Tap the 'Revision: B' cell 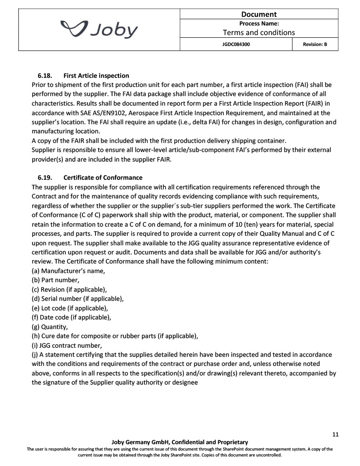pyautogui.click(x=314, y=45)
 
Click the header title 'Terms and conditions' pyautogui.click(x=259, y=32)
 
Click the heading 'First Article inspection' pyautogui.click(x=96, y=76)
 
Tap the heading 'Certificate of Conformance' pyautogui.click(x=103, y=177)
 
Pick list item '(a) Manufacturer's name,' pyautogui.click(x=68, y=271)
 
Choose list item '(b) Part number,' pyautogui.click(x=56, y=280)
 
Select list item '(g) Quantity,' pyautogui.click(x=50, y=326)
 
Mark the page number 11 pyautogui.click(x=335, y=435)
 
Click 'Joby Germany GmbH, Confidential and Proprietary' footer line pyautogui.click(x=180, y=442)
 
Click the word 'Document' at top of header pyautogui.click(x=259, y=14)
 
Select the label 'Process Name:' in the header pyautogui.click(x=259, y=23)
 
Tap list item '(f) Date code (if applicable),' pyautogui.click(x=71, y=317)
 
